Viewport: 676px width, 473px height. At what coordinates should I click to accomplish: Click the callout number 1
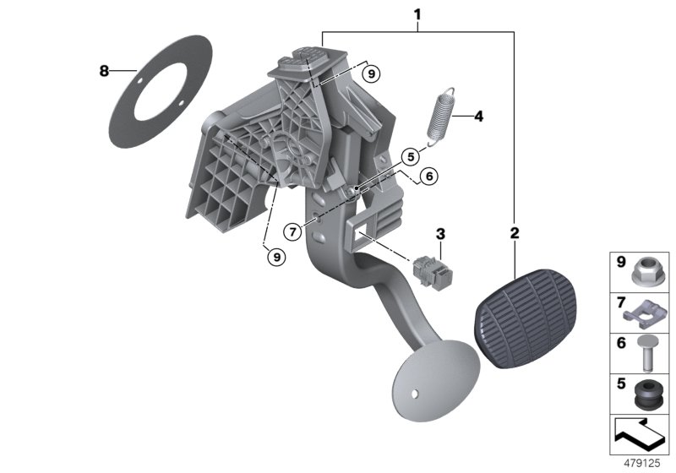417,14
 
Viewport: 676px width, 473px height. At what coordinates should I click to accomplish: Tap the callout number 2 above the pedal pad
515,231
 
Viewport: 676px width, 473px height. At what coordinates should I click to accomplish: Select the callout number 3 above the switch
440,233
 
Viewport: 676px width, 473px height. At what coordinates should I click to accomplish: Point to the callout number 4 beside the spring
477,117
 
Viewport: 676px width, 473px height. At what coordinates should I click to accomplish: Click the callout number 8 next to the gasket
104,72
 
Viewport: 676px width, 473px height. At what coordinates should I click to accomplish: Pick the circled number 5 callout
410,156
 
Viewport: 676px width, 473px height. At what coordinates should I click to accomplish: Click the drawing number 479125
641,464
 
